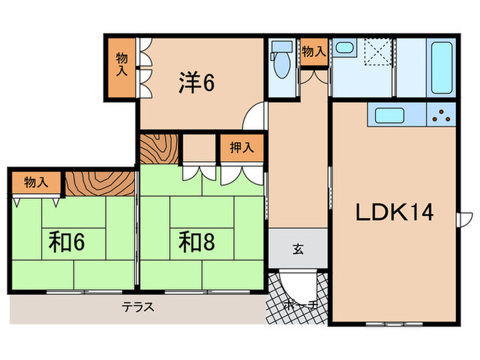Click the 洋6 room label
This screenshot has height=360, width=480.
tap(197, 82)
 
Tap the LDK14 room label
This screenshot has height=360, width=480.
tap(394, 212)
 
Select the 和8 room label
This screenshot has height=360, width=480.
tap(197, 242)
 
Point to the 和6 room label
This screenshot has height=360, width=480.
tap(67, 242)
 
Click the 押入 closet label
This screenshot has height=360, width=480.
tap(242, 147)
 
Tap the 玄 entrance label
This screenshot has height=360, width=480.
tap(298, 249)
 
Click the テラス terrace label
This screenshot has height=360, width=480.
tap(138, 307)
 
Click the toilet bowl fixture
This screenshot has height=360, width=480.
tap(281, 60)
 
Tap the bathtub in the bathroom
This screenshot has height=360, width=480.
tap(442, 68)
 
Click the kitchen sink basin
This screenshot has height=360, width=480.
tap(389, 115)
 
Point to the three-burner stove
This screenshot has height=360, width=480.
tap(441, 115)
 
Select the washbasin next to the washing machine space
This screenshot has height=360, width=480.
tap(344, 47)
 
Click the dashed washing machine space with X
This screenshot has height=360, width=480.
tap(378, 51)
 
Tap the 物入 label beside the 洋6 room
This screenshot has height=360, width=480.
tap(122, 64)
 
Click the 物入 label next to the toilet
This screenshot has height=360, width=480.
tap(314, 51)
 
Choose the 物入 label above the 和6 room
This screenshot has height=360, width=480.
tap(36, 182)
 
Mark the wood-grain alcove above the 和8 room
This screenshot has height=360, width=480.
tap(159, 149)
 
